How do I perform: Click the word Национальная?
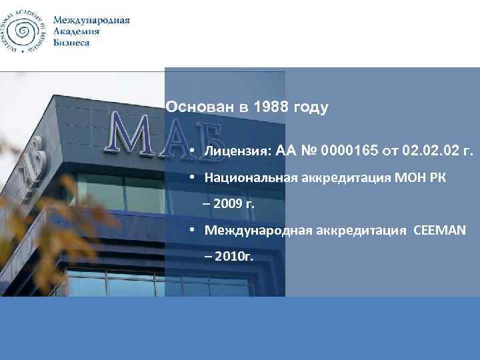(247, 178)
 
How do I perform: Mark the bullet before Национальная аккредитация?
(191, 178)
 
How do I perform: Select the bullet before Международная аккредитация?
(191, 230)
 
